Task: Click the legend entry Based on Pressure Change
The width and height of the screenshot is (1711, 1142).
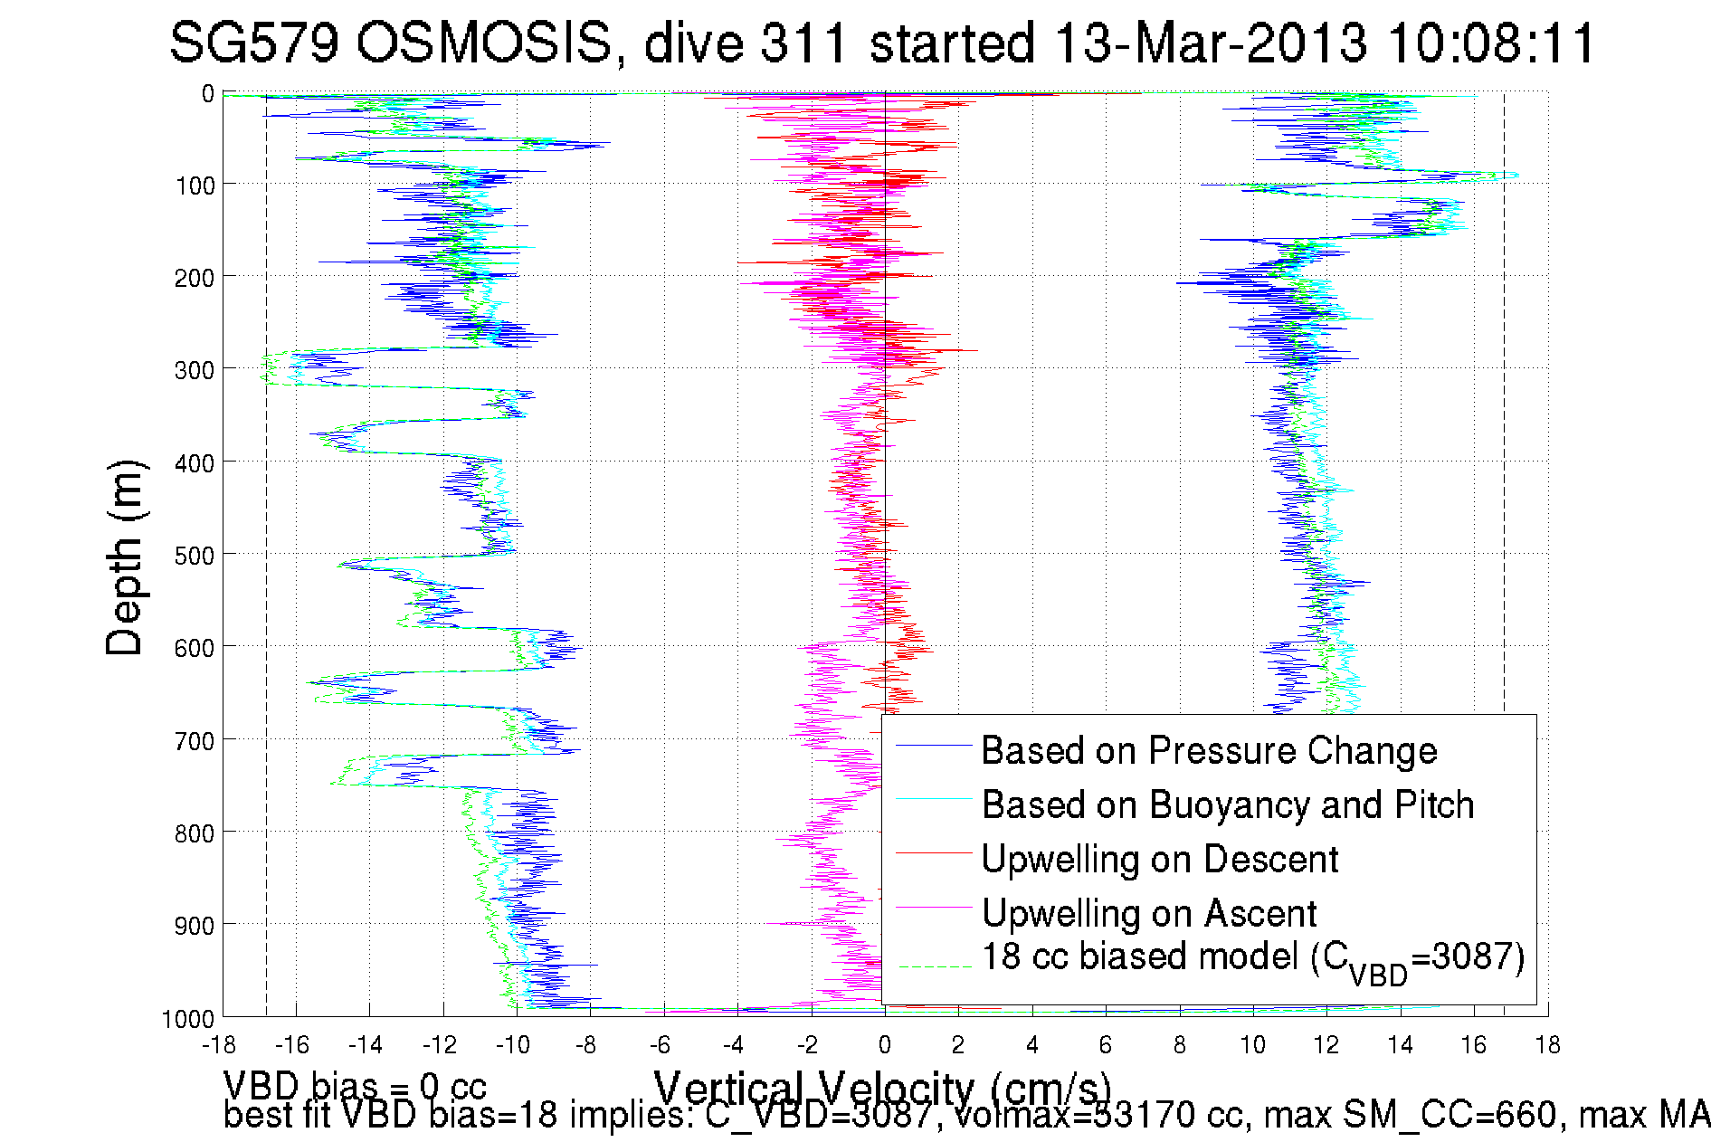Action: pyautogui.click(x=1209, y=751)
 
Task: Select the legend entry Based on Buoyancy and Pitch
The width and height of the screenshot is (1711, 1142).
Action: pyautogui.click(x=1227, y=805)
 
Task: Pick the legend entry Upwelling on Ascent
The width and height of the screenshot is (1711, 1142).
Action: pyautogui.click(x=1148, y=914)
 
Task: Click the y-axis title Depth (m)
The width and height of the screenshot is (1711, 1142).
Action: pyautogui.click(x=125, y=557)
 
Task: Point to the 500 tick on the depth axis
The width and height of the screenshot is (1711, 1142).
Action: pyautogui.click(x=195, y=556)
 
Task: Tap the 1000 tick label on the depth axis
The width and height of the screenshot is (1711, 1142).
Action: pyautogui.click(x=188, y=1020)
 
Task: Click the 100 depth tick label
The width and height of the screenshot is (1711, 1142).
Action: pyautogui.click(x=195, y=186)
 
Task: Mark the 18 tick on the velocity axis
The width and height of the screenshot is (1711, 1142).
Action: pyautogui.click(x=1548, y=1045)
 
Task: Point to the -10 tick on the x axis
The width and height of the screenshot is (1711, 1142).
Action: pyautogui.click(x=513, y=1045)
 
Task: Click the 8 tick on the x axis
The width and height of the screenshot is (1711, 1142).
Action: pyautogui.click(x=1179, y=1045)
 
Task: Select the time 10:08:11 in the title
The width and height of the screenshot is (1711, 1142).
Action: pyautogui.click(x=1491, y=43)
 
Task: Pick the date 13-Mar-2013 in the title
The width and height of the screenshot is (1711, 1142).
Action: pyautogui.click(x=1211, y=43)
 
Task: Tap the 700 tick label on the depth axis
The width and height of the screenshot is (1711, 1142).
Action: pyautogui.click(x=195, y=741)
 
